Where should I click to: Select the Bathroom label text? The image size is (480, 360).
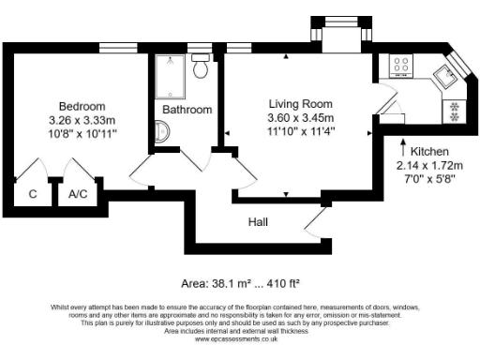point(187,110)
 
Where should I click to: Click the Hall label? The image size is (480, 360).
point(258,222)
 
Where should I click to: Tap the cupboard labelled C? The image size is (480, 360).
point(32,195)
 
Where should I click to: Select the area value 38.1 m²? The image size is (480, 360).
point(223,282)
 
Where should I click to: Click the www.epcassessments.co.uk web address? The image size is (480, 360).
point(239,338)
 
